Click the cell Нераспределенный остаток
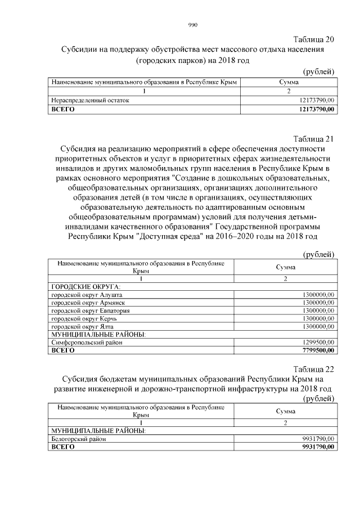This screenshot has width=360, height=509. (x=90, y=100)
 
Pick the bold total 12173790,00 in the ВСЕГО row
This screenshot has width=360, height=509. (x=315, y=109)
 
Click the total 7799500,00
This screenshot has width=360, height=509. (x=317, y=350)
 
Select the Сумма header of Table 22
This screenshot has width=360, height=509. (x=285, y=411)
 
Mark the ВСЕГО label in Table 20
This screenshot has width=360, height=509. (x=62, y=109)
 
